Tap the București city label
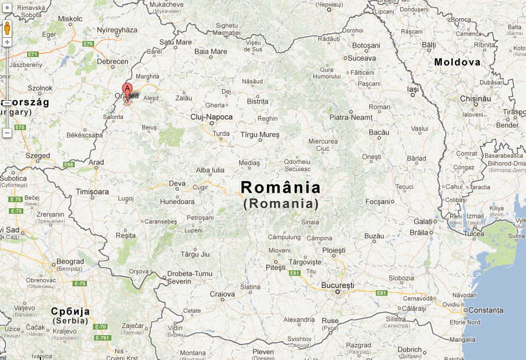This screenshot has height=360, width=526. (x=337, y=285)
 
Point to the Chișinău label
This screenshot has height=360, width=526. (x=476, y=99)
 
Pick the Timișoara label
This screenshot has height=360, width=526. (x=92, y=192)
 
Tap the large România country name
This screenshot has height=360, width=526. (x=281, y=188)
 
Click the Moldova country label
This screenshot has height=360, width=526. (x=457, y=62)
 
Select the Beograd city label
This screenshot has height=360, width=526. (x=70, y=261)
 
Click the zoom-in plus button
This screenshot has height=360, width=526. (x=7, y=42)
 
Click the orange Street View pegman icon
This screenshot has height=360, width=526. (x=7, y=28)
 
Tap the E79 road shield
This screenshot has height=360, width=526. (x=88, y=44)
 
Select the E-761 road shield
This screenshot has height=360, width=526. (x=102, y=337)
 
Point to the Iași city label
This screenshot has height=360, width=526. (x=413, y=89)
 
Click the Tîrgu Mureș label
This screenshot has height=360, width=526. (x=260, y=135)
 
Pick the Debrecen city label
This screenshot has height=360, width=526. (x=112, y=61)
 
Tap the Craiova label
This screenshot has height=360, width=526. (x=222, y=294)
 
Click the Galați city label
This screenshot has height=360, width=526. (x=422, y=222)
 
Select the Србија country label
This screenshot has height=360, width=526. (x=70, y=311)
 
